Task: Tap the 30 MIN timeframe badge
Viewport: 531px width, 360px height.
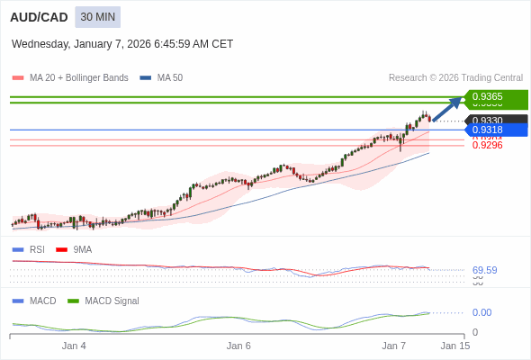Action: [x=97, y=17]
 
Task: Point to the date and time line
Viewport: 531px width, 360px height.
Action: [x=122, y=43]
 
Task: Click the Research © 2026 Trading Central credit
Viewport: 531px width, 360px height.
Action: [x=455, y=78]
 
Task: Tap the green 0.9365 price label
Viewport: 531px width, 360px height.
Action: [x=496, y=96]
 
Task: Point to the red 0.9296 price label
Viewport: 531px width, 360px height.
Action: [x=487, y=145]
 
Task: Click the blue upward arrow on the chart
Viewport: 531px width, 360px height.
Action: [x=447, y=108]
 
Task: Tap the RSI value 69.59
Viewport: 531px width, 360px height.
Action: [x=484, y=270]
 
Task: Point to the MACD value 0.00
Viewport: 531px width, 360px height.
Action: [x=481, y=312]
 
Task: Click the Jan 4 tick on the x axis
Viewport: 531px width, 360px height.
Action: [x=74, y=346]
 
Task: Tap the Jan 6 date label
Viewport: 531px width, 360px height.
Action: [x=238, y=346]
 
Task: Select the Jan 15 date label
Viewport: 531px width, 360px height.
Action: [x=454, y=346]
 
